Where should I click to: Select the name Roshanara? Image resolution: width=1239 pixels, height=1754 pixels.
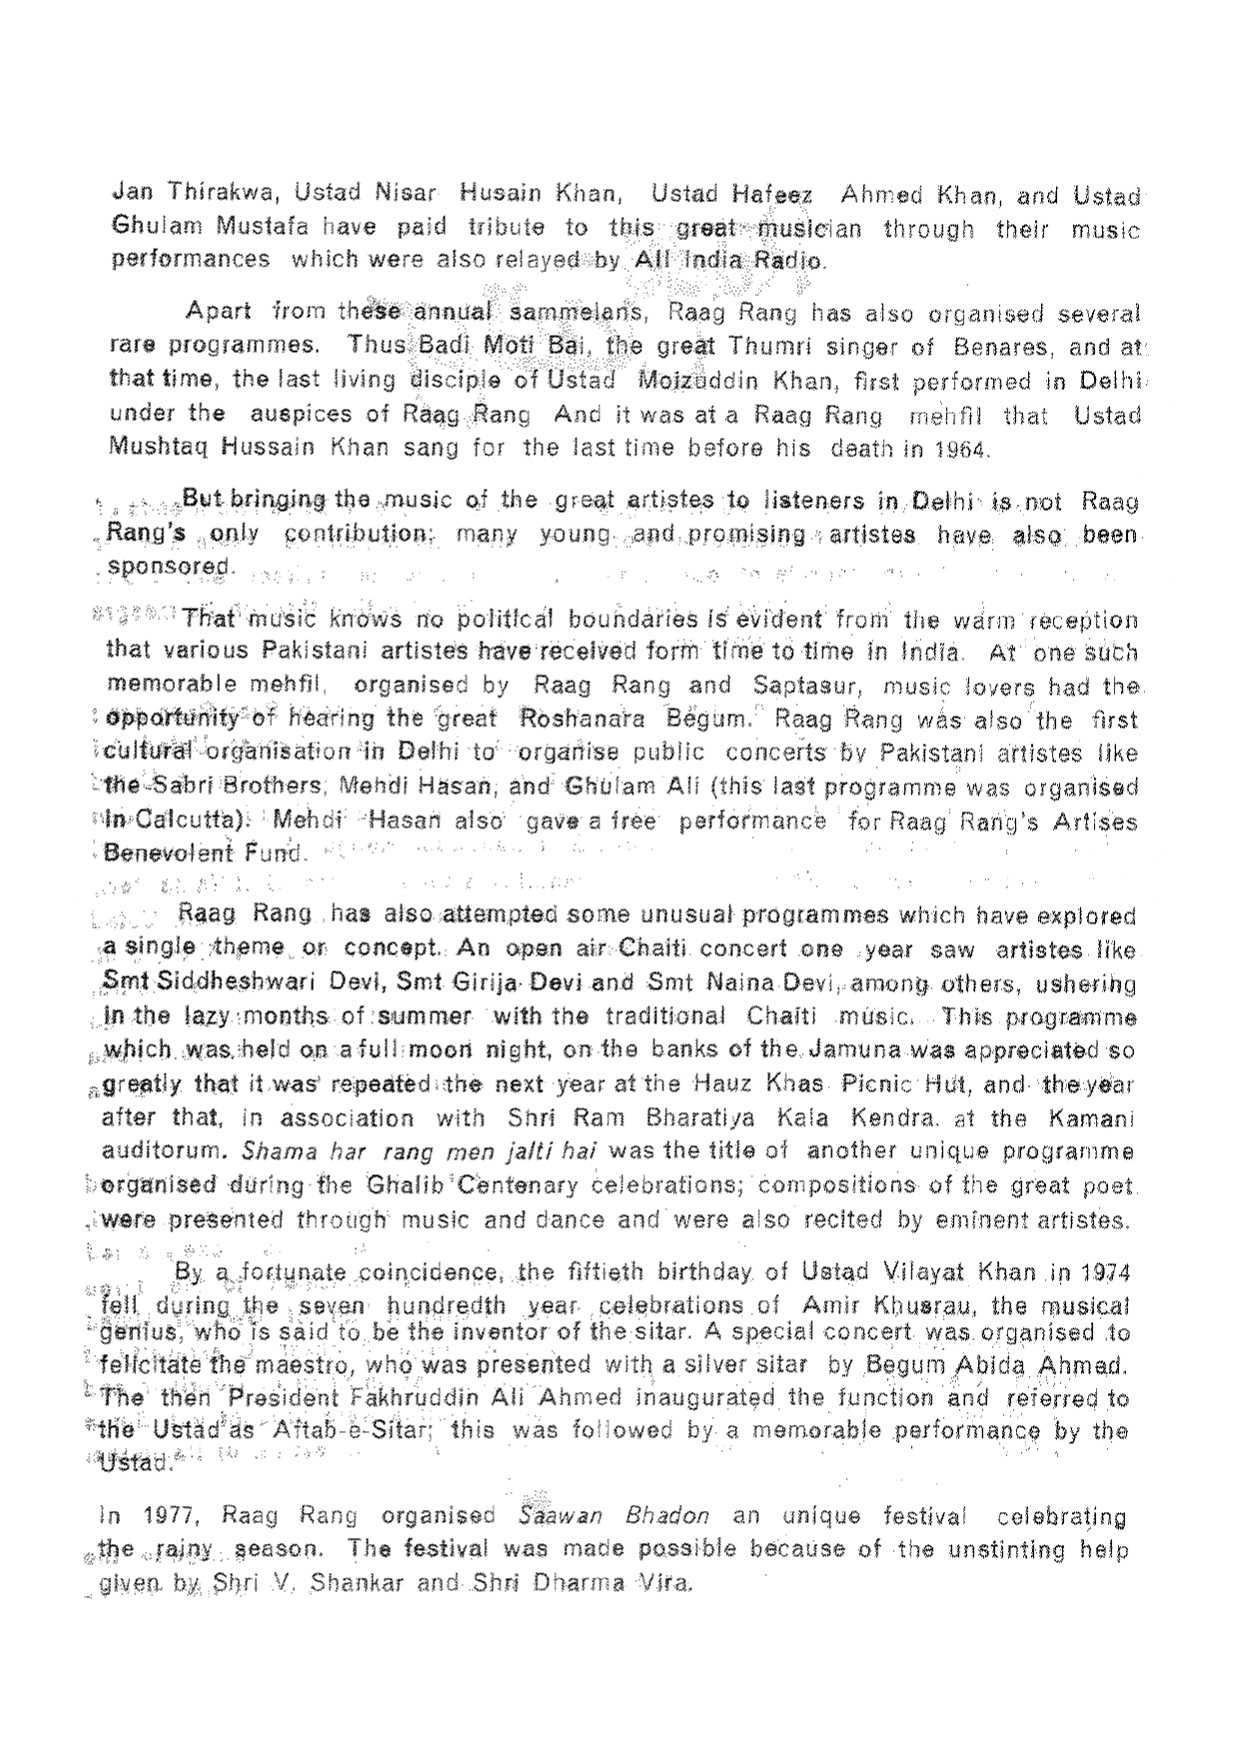(584, 719)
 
